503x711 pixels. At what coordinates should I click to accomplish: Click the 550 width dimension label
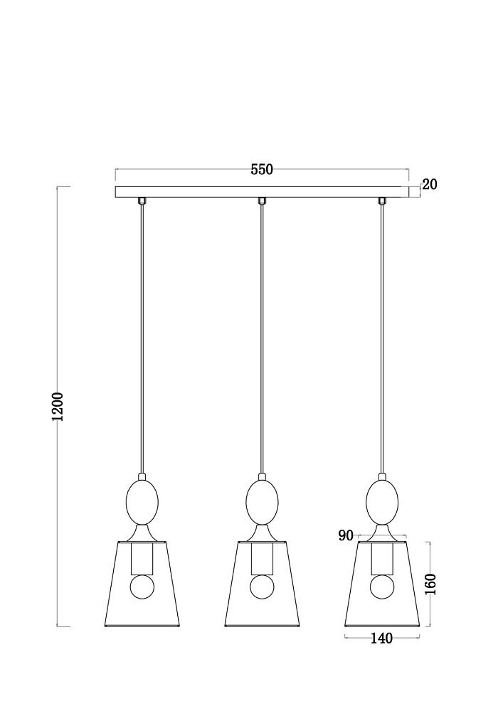coord(262,169)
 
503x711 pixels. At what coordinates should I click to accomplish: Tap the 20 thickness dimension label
coord(430,184)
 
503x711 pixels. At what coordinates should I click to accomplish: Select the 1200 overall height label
coord(58,406)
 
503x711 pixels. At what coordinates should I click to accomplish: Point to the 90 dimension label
coord(346,535)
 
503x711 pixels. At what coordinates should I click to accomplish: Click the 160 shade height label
coord(430,584)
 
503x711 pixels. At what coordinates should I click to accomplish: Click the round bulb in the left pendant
coord(142,587)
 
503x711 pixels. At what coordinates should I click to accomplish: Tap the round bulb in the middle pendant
coord(262,587)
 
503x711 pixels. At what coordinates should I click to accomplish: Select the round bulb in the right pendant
coord(382,587)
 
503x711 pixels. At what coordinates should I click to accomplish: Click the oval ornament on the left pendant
coord(142,503)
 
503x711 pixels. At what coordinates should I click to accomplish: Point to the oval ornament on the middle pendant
coord(262,503)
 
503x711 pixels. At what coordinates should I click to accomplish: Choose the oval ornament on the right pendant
coord(382,503)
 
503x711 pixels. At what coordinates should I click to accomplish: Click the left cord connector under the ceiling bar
coord(142,201)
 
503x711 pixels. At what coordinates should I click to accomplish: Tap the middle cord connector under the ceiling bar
coord(262,201)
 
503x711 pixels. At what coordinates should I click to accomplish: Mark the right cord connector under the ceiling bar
coord(382,201)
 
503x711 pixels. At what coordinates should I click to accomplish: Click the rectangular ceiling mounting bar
coord(262,192)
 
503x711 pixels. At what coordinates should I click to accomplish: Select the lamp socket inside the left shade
coord(142,558)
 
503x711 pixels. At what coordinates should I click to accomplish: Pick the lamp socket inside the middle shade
coord(262,558)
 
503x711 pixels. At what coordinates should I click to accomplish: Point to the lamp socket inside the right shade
coord(382,558)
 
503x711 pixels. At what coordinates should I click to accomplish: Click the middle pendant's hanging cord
coord(262,338)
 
